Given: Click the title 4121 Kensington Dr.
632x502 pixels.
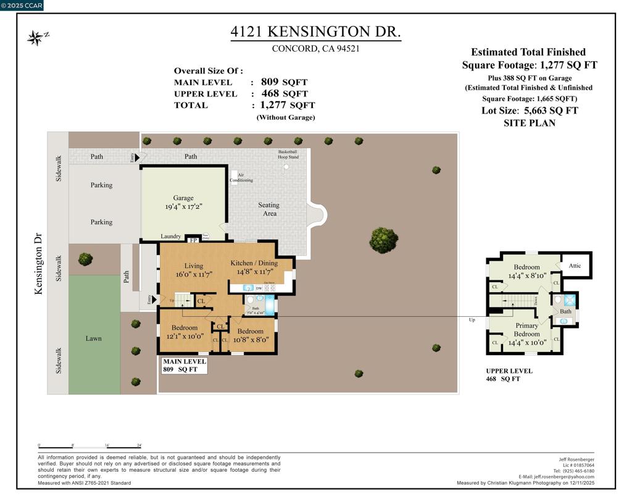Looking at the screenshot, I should click(315, 31).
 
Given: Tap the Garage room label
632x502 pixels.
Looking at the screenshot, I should click(183, 198).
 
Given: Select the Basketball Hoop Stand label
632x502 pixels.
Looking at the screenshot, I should click(288, 154).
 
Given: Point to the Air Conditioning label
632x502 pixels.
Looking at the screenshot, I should click(241, 178).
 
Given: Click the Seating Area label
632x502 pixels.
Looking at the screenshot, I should click(268, 209).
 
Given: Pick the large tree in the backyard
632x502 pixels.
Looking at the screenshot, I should click(383, 240).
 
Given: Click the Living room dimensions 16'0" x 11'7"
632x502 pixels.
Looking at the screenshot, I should click(193, 274).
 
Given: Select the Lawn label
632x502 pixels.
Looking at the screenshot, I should click(94, 338).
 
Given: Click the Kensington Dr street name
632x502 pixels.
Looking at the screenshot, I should click(38, 263).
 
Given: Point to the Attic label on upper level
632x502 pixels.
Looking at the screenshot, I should click(575, 266).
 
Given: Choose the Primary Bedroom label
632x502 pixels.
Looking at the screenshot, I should click(526, 330).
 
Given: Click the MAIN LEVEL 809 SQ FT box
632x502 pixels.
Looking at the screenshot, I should click(184, 366).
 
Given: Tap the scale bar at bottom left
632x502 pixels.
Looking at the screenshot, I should click(90, 446).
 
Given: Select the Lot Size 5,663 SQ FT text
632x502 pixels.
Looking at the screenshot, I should click(530, 111).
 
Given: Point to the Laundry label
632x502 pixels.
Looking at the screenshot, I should click(171, 236).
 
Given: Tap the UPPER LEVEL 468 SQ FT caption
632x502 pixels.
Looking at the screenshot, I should click(509, 375).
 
